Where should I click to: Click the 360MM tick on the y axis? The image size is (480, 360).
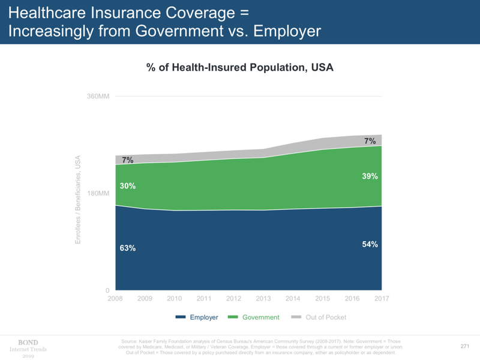(x=98, y=96)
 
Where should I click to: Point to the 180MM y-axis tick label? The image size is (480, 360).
(x=98, y=194)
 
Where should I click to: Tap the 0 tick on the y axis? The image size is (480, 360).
(x=106, y=291)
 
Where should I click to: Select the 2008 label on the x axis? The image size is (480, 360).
(x=115, y=299)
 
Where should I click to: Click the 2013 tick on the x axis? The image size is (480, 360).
(x=263, y=299)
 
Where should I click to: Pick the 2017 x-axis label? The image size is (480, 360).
(x=382, y=299)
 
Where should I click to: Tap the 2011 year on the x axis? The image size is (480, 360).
(x=204, y=299)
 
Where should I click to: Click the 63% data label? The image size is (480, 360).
(x=128, y=248)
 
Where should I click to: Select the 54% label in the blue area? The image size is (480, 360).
(x=370, y=244)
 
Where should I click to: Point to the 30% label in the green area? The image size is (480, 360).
(x=128, y=186)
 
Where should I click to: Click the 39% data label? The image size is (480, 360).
(x=370, y=176)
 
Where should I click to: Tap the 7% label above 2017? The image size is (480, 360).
(x=370, y=142)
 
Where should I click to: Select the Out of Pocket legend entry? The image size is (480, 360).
(x=326, y=317)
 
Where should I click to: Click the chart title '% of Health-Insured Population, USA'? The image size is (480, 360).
(x=240, y=68)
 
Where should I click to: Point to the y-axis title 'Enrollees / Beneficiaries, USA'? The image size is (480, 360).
(x=78, y=200)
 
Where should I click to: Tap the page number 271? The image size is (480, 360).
(x=464, y=346)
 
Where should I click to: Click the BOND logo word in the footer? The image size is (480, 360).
(x=28, y=343)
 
